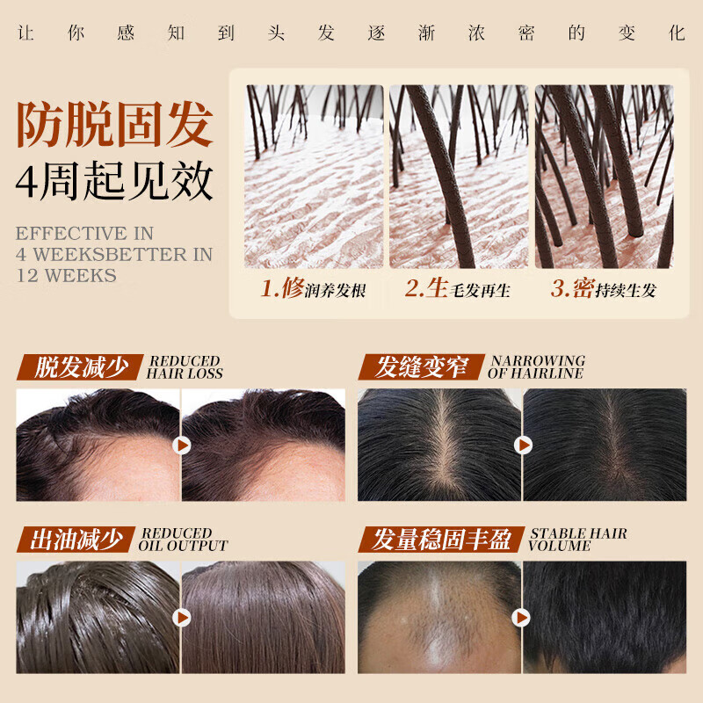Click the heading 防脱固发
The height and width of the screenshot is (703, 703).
tap(114, 126)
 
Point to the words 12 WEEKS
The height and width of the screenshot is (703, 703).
tap(66, 275)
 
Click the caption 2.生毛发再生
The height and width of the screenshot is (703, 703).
tap(457, 289)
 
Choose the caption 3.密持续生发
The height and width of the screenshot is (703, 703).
tap(604, 289)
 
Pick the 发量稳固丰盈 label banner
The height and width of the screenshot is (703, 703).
tap(441, 540)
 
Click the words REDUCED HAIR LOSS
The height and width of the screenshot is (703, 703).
tap(185, 367)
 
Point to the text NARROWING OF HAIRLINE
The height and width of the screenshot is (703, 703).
tap(536, 367)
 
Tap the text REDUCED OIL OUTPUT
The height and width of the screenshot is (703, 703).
tap(183, 540)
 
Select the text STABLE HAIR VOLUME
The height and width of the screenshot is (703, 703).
tap(577, 540)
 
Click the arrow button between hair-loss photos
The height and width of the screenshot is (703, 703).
tap(182, 446)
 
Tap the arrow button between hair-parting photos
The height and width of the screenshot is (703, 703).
tap(523, 446)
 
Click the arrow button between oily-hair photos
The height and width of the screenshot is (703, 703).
tap(182, 618)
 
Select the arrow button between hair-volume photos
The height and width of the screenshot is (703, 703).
tap(523, 618)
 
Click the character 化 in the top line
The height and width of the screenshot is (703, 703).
tap(676, 34)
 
